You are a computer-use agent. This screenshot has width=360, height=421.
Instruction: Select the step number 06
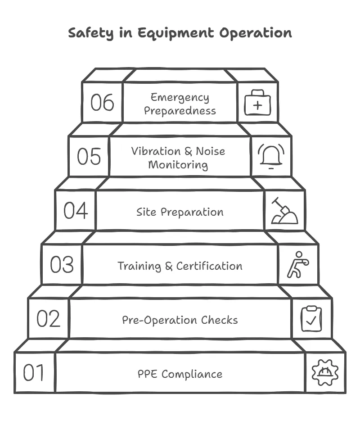coord(102,102)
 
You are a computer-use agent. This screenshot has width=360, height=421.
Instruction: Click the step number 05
coord(89,156)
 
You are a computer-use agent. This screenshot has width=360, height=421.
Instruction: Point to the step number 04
coord(75,210)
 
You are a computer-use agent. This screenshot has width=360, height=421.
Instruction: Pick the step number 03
coord(62,265)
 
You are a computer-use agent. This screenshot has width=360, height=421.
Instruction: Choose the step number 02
coord(48,319)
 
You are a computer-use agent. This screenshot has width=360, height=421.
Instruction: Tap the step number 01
coord(34,373)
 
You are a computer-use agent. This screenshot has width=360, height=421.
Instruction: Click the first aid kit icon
coord(257,103)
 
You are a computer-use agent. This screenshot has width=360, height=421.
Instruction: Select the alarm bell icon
coord(271,157)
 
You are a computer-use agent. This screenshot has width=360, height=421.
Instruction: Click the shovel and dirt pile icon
coord(284,211)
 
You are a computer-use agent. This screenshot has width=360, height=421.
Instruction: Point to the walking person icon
coord(297,265)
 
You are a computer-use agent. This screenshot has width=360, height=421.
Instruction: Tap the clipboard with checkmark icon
coord(311,318)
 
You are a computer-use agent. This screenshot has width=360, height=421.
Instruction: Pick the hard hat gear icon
coord(325,373)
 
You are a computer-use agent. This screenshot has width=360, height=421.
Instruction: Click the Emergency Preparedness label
coord(180,104)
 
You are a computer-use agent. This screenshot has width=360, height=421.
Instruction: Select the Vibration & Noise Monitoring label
coord(178,158)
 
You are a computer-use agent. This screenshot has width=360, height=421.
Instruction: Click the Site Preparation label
coord(180,212)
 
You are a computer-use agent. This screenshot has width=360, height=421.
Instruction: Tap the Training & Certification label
coord(180,266)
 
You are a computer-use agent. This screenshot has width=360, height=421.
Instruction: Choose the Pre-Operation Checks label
coord(180,320)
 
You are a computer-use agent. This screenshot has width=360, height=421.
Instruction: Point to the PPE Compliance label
coord(180,374)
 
